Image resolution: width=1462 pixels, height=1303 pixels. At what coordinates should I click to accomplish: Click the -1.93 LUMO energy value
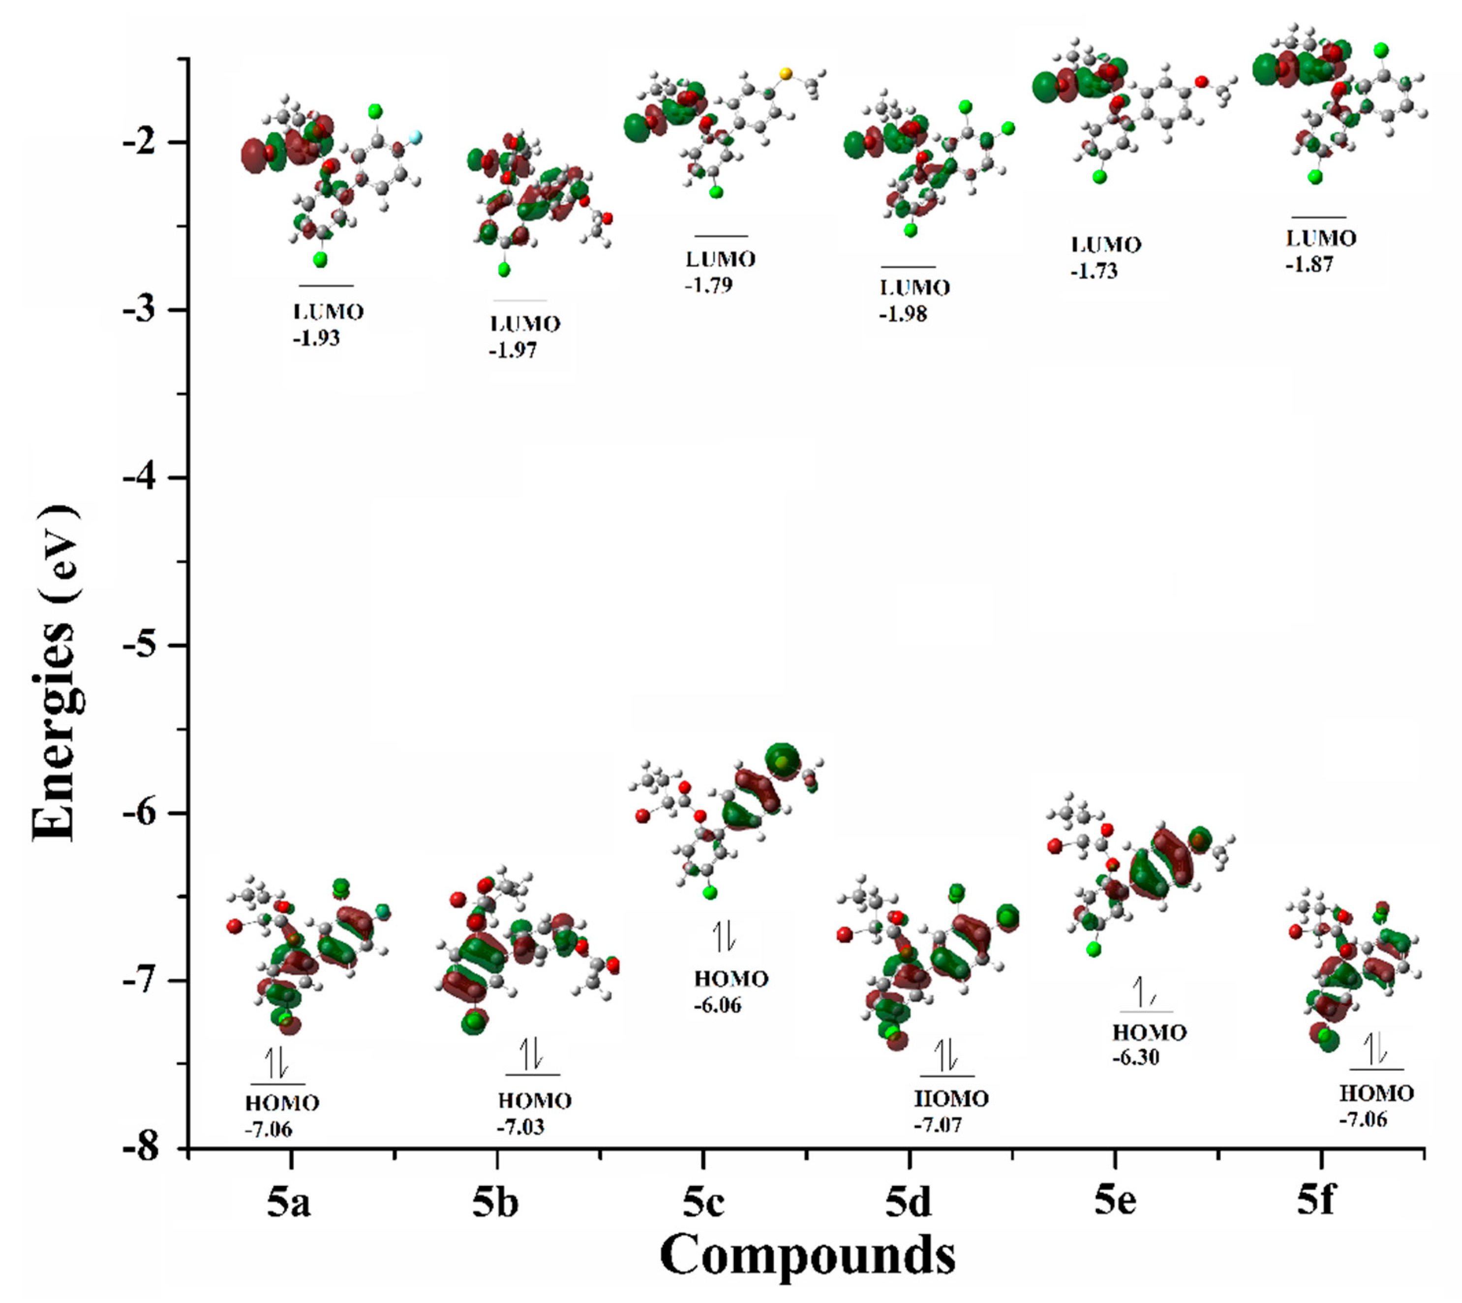[316, 338]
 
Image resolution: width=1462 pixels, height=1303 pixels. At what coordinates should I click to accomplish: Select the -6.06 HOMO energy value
[717, 1005]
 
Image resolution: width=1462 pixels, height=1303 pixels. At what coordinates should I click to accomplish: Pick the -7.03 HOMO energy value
[520, 1127]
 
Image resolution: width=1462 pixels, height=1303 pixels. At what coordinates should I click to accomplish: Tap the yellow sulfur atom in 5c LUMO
[786, 73]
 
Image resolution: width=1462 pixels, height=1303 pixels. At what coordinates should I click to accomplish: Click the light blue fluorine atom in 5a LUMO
[415, 137]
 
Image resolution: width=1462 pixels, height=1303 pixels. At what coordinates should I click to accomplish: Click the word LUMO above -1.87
[1321, 239]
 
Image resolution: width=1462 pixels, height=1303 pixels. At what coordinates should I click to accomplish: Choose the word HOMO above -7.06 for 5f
[1376, 1093]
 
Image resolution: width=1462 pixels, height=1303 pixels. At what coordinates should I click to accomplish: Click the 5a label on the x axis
[289, 1203]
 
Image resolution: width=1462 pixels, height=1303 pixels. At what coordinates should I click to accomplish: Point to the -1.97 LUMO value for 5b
[513, 351]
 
